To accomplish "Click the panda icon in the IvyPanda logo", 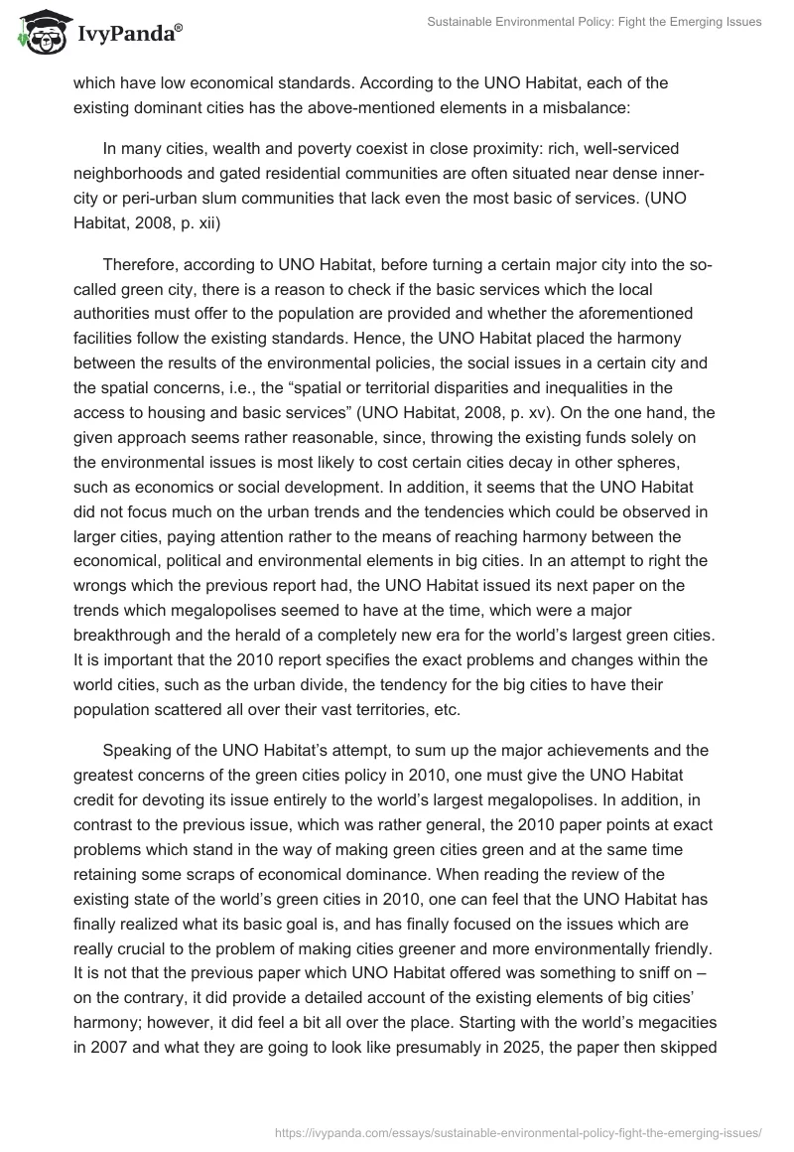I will click(x=39, y=36).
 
